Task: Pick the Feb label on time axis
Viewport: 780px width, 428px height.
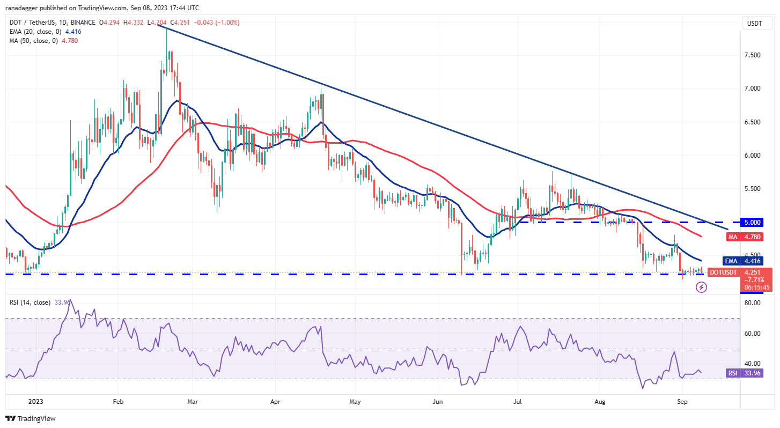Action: (x=119, y=401)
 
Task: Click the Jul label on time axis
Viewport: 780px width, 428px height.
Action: (x=518, y=401)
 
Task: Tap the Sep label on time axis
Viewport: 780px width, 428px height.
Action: (x=682, y=401)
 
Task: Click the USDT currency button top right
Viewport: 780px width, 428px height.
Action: (x=756, y=23)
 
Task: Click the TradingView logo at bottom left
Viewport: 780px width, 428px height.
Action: (x=31, y=418)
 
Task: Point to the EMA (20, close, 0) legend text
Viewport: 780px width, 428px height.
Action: (x=34, y=32)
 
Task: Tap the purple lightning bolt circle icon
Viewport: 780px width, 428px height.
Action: (x=701, y=287)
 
